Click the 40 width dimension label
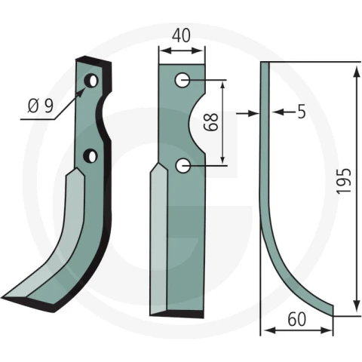pyautogui.click(x=181, y=35)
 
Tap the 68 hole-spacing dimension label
pyautogui.click(x=210, y=122)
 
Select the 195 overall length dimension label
pyautogui.click(x=344, y=181)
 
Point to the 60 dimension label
pyautogui.click(x=297, y=319)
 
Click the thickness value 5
pyautogui.click(x=302, y=112)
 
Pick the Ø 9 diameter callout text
pyautogui.click(x=41, y=106)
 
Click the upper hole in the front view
pyautogui.click(x=183, y=80)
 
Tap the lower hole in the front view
pyautogui.click(x=183, y=166)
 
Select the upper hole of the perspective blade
pyautogui.click(x=90, y=81)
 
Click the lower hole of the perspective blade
pyautogui.click(x=90, y=156)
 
